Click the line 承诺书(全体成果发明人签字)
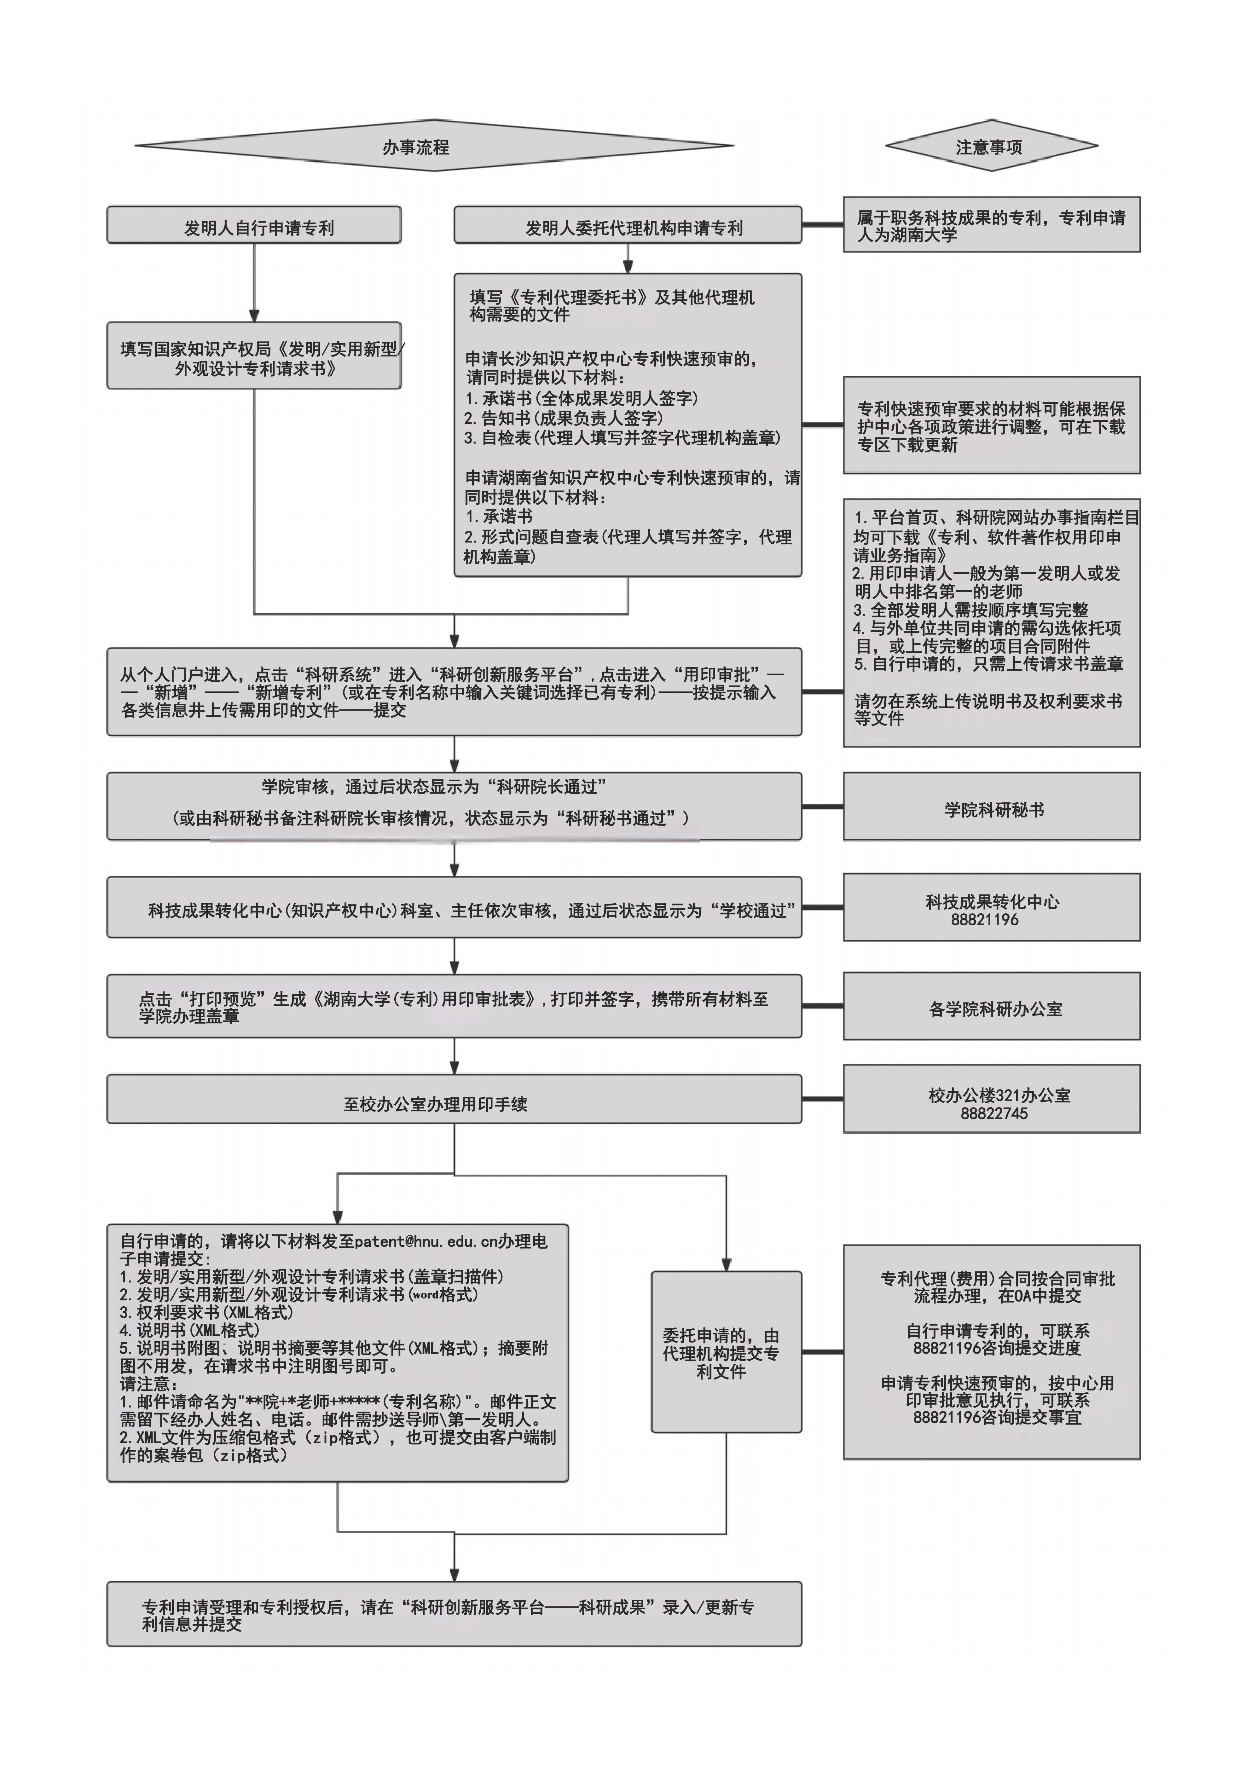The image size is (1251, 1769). [x=582, y=398]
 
